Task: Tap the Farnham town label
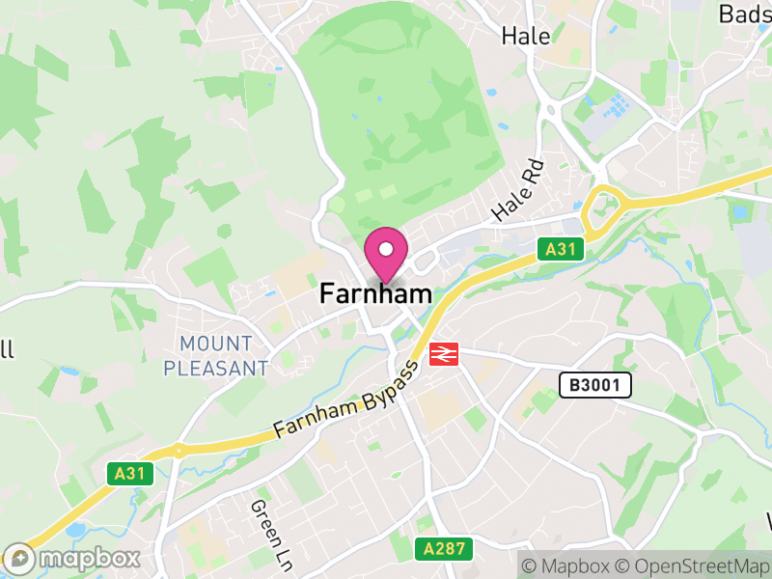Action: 375,292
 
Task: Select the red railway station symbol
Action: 444,354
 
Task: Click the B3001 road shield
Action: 595,386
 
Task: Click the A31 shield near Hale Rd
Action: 559,250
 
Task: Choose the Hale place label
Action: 526,37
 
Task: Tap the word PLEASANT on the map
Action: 216,368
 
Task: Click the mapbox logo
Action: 73,559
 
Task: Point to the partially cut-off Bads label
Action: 744,14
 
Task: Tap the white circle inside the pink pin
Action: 386,250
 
